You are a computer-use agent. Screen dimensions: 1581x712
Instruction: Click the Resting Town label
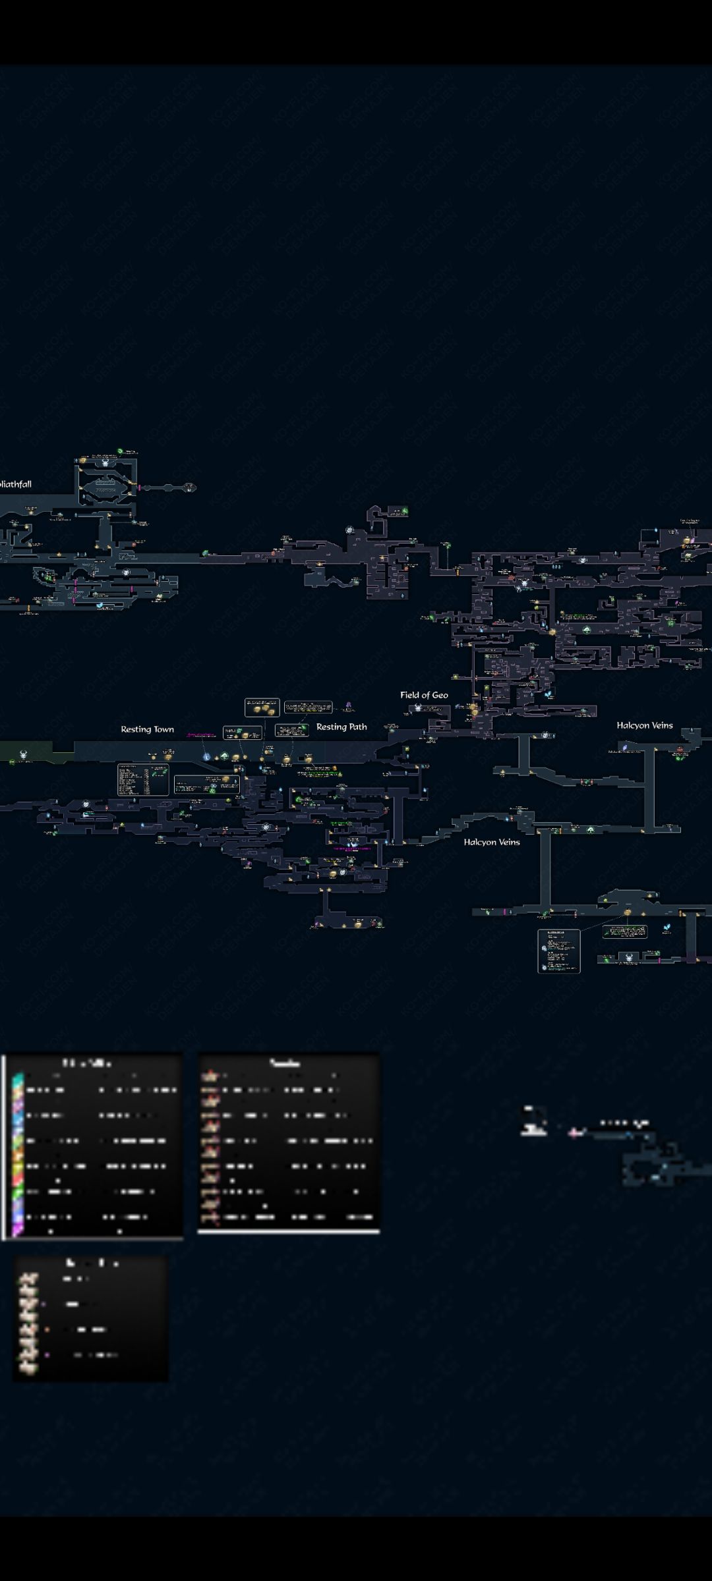click(147, 729)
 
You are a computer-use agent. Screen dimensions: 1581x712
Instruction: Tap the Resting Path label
click(341, 727)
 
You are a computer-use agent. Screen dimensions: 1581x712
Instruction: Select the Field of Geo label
click(424, 695)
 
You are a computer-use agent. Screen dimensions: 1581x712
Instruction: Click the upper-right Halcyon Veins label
click(644, 725)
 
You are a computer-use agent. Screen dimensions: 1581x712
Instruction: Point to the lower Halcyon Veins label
click(491, 842)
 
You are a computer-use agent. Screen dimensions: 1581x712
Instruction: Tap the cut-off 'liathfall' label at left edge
click(16, 484)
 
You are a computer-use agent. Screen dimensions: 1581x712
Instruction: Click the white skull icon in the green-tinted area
click(24, 754)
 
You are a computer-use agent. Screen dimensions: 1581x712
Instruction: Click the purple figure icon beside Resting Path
click(349, 706)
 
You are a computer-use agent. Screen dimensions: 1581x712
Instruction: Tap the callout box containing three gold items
click(262, 707)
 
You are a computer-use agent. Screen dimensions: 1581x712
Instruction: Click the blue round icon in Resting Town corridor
click(206, 757)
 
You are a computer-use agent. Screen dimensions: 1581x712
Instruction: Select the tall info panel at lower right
click(558, 951)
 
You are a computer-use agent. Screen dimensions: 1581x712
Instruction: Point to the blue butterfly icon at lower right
click(667, 928)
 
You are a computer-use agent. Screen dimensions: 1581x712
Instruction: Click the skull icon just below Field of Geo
click(418, 708)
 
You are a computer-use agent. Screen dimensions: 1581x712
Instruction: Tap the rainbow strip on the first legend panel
click(17, 1153)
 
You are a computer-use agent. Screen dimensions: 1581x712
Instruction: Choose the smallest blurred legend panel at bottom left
click(91, 1317)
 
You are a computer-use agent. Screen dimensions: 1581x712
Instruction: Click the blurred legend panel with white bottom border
click(289, 1143)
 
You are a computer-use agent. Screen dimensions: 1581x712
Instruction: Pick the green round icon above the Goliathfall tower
click(121, 451)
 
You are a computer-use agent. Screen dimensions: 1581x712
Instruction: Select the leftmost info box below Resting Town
click(142, 779)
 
